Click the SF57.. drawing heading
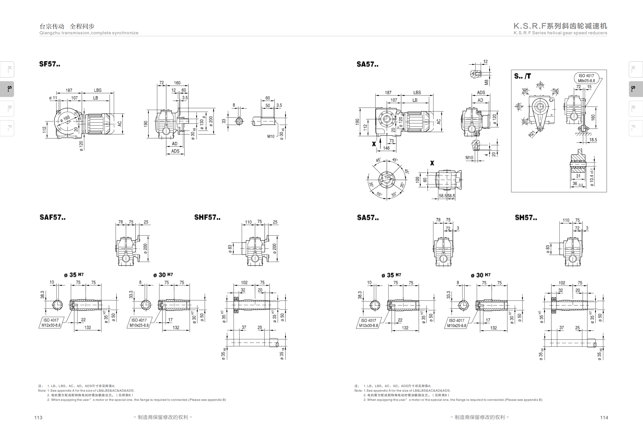49,64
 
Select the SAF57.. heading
53,217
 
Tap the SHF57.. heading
207,217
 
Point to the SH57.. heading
526,217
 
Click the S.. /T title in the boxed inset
522,76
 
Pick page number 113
38,417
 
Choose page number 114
604,417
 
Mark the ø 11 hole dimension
53,98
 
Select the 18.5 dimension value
593,140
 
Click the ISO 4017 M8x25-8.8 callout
586,78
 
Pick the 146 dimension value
386,148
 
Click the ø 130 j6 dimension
202,122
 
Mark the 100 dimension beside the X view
417,180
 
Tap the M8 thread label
486,82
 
